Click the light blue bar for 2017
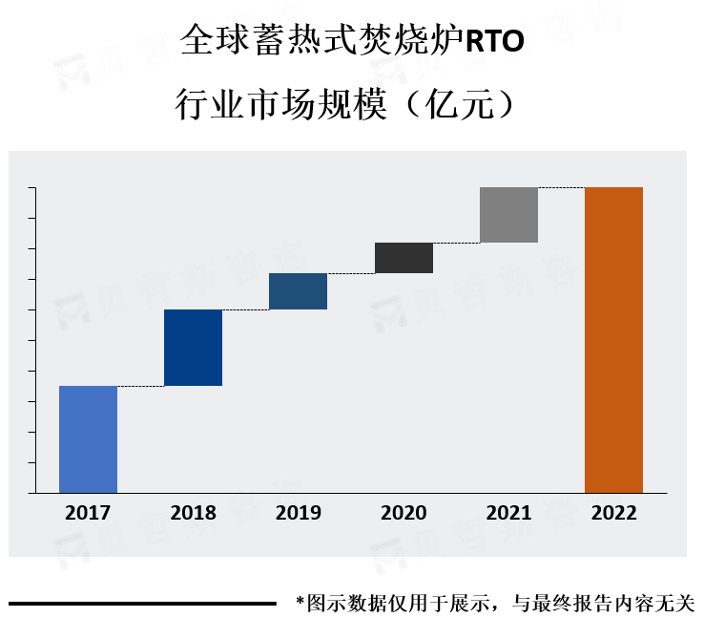(x=88, y=439)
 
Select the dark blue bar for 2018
(x=193, y=348)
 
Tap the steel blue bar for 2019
(x=298, y=291)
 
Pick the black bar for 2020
(x=404, y=258)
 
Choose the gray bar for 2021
(x=508, y=215)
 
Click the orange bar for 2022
(x=613, y=340)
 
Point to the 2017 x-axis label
(x=88, y=513)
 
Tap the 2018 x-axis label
(x=193, y=513)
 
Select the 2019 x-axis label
(x=298, y=513)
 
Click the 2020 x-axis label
(x=404, y=513)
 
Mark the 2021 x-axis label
(x=508, y=513)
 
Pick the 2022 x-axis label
(x=613, y=513)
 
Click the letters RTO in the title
(x=493, y=42)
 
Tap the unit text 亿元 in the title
(x=465, y=104)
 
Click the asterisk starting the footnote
(x=300, y=604)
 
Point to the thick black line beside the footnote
(x=143, y=604)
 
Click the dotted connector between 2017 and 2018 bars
(x=140, y=386)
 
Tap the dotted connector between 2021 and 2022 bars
(x=561, y=187)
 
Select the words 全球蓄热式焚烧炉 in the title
(x=321, y=42)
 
